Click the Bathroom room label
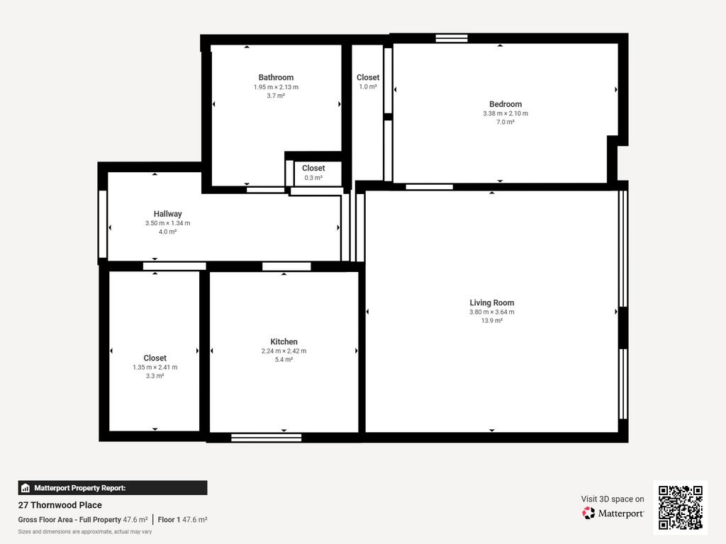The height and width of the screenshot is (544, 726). pos(276,77)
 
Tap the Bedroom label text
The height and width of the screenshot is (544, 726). pos(506,104)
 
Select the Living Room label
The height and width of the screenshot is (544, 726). pos(492,302)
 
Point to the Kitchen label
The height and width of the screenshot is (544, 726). pos(284,341)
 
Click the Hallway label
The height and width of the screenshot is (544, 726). pos(167,214)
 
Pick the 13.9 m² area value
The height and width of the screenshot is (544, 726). pos(492,321)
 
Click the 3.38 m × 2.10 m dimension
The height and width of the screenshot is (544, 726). pos(506,113)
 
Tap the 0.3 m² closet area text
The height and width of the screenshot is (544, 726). pos(313,178)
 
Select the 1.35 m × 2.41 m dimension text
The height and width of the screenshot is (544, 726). pos(155,368)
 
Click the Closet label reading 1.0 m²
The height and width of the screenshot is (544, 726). pos(368,77)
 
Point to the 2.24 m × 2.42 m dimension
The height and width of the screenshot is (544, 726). pos(284,351)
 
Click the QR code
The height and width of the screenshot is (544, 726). pos(681,507)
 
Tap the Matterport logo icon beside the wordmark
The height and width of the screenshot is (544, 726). pos(588,513)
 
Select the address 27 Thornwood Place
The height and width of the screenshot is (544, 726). pos(60,505)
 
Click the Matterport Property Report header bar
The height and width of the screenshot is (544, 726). pos(113,488)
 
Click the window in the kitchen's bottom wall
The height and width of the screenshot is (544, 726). pos(267,438)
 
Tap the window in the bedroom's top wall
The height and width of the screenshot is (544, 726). pos(452,38)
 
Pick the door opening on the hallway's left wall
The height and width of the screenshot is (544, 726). pos(103,225)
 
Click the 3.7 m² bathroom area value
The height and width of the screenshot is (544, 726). pos(276,96)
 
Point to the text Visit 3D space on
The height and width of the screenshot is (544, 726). pos(613,499)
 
